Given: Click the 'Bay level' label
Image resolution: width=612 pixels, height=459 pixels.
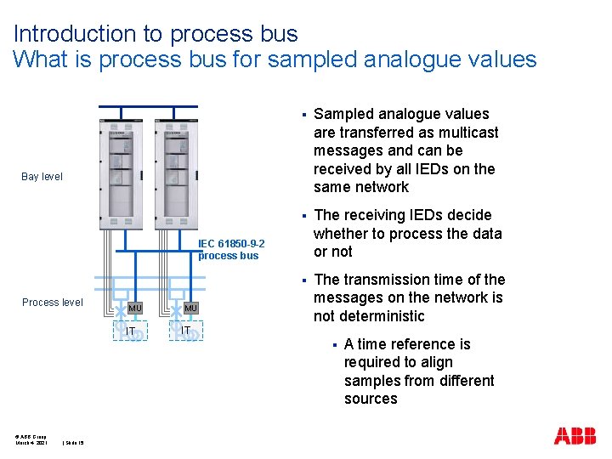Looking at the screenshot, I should pyautogui.click(x=42, y=177).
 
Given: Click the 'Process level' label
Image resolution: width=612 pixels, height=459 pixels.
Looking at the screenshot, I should pyautogui.click(x=53, y=303).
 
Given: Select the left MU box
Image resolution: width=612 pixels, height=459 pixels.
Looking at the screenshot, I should pyautogui.click(x=134, y=308).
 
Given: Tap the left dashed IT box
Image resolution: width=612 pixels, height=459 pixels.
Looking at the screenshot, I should pyautogui.click(x=130, y=331).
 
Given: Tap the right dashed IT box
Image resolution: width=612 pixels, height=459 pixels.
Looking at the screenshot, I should pyautogui.click(x=186, y=330).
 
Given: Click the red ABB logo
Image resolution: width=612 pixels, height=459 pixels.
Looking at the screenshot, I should pyautogui.click(x=575, y=436).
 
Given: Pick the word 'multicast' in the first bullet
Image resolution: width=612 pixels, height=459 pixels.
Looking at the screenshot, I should pyautogui.click(x=467, y=133).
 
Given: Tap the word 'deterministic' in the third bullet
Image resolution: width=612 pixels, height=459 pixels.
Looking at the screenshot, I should pyautogui.click(x=380, y=316).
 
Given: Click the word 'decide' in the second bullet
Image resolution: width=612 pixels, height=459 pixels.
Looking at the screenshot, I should pyautogui.click(x=468, y=215).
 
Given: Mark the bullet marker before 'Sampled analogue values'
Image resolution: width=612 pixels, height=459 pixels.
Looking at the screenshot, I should pyautogui.click(x=303, y=114).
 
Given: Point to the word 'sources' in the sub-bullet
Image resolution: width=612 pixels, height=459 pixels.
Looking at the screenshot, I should pyautogui.click(x=371, y=399).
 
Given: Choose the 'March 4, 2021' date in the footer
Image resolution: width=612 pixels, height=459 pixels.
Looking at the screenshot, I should pyautogui.click(x=33, y=442).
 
